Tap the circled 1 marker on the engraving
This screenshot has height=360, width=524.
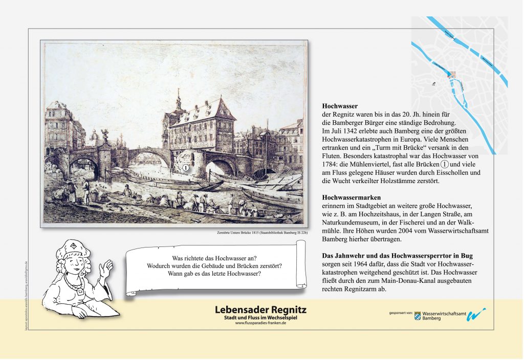pos(186,167)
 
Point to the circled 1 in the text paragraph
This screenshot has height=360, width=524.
pos(445,165)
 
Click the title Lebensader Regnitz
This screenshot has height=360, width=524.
pos(260,310)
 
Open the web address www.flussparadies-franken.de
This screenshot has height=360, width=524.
pos(260,323)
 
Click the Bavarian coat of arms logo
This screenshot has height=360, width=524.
pos(417,316)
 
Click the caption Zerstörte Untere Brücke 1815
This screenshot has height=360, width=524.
pos(260,233)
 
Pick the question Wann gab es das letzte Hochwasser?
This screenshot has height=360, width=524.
pos(214,274)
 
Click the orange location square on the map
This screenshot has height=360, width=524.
pos(452,74)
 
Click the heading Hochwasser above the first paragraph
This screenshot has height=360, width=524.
pos(339,106)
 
